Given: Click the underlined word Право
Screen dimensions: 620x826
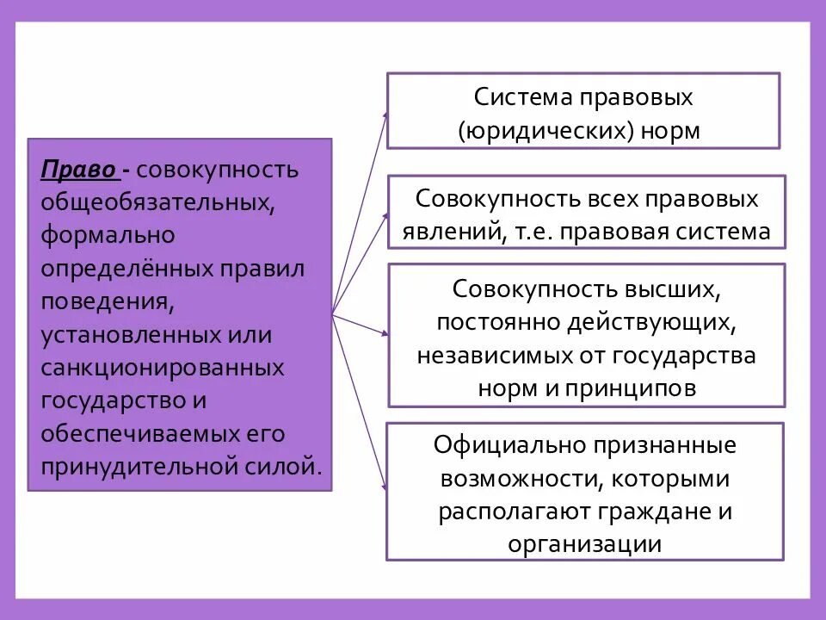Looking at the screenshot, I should point(78,169).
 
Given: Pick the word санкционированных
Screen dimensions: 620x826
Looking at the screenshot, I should point(163,369).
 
